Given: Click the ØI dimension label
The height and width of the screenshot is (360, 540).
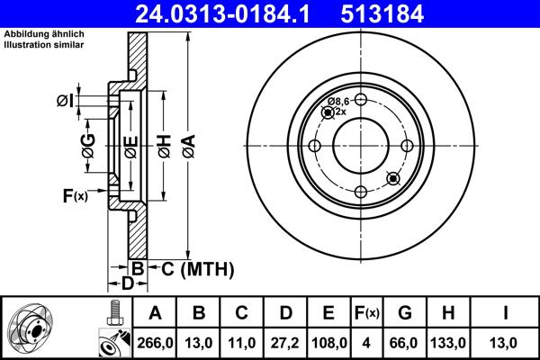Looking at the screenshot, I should point(64,100).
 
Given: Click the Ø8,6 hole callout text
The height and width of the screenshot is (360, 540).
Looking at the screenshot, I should point(337,102).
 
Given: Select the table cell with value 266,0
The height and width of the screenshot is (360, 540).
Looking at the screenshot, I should point(154,343).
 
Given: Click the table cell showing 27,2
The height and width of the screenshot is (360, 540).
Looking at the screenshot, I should point(284,343).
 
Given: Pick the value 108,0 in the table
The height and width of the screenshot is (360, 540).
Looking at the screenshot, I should point(328,343).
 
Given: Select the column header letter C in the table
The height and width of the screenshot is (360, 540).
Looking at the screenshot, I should point(241,314).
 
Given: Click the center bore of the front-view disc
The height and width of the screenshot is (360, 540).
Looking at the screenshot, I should point(360,146).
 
